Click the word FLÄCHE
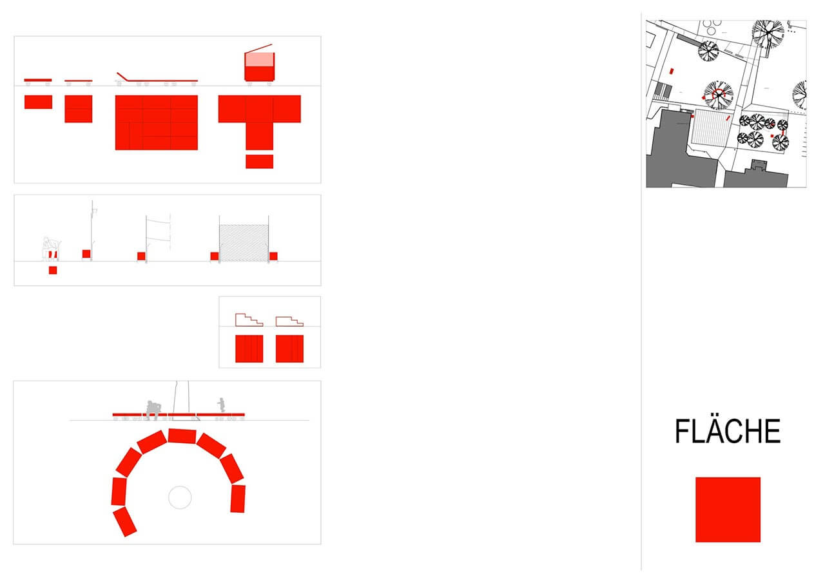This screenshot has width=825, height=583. coord(728,431)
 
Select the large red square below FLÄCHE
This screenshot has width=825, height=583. coord(728,510)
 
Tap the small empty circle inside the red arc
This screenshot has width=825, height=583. coord(180,497)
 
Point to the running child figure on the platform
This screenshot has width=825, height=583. coord(221,405)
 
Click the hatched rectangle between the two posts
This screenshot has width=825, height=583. coord(244,243)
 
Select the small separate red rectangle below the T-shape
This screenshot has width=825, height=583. coord(259,162)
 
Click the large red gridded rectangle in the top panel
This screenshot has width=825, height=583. coord(157,122)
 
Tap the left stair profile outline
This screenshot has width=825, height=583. coord(249,320)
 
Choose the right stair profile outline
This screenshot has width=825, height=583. coord(289,321)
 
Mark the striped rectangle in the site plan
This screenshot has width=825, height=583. coord(712,128)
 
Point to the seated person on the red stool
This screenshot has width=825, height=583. coord(51,249)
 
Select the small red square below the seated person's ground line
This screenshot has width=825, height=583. coord(53,270)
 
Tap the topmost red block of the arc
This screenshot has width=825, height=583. coord(182,436)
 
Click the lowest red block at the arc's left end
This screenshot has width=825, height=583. coord(125,522)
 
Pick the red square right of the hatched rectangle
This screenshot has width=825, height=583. coord(273,256)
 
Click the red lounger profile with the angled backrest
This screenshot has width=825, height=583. coord(157,79)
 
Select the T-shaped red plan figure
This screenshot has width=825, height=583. coord(259,122)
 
